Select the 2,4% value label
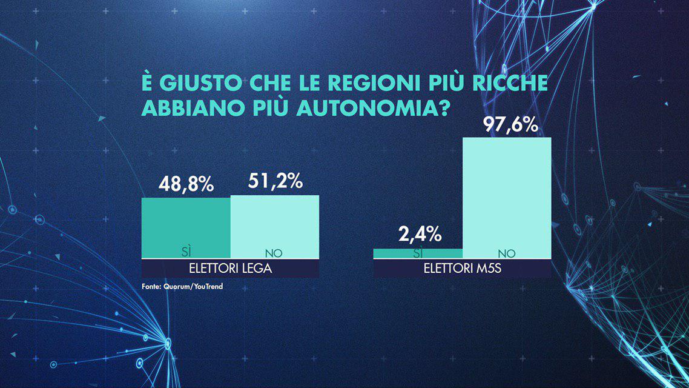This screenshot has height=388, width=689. coord(418,233)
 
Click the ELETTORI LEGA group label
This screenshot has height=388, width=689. coord(230,269)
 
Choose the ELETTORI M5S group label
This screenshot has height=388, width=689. coord(463,269)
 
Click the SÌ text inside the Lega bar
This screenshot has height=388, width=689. coord(186,252)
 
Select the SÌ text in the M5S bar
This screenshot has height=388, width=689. coord(418,252)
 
